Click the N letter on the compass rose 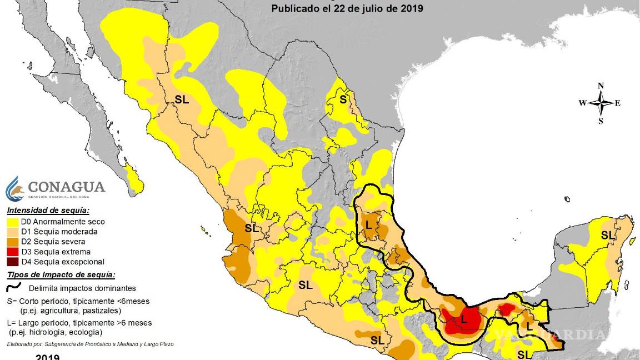click(601, 86)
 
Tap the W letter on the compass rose click(582, 103)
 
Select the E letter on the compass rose click(618, 103)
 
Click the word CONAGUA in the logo click(66, 187)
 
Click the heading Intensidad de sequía click(48, 211)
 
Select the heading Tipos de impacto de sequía click(61, 275)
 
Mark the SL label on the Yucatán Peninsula click(608, 235)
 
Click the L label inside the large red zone click(464, 319)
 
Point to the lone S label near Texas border click(343, 100)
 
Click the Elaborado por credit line click(90, 344)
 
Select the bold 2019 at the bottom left click(48, 357)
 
